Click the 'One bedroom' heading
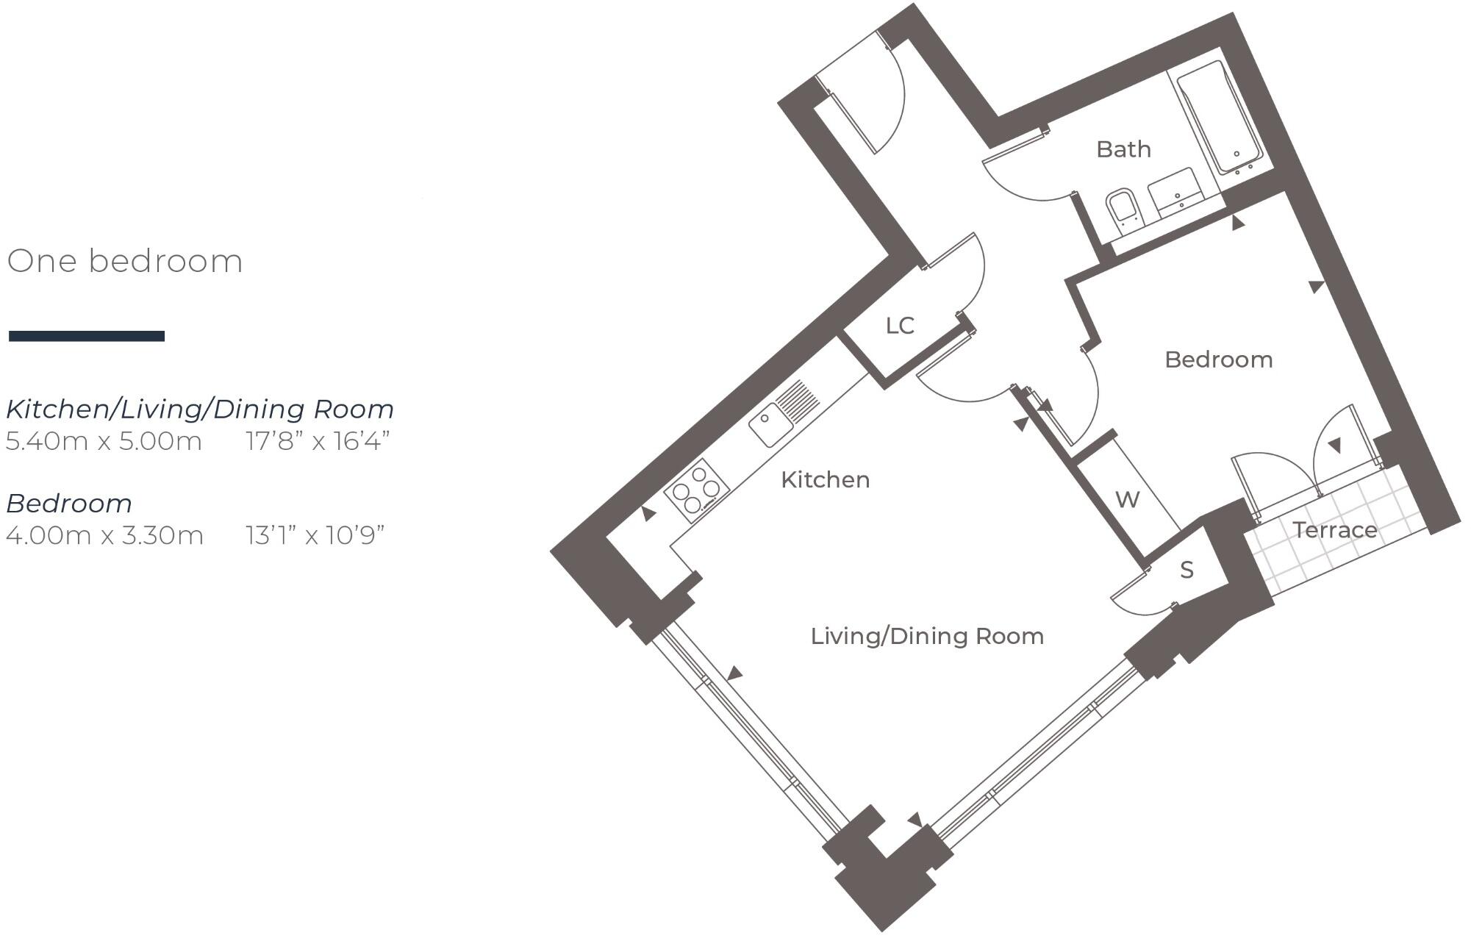[124, 262]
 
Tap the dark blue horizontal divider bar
[87, 336]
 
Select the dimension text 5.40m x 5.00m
[104, 442]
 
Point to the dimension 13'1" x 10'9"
[315, 535]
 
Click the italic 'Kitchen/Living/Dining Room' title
[200, 409]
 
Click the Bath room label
[1123, 149]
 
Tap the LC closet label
[899, 326]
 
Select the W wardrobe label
[1127, 500]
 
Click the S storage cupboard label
[1187, 570]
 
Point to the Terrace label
[1334, 530]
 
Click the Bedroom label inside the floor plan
[1218, 359]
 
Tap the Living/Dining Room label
[926, 636]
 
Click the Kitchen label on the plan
[825, 480]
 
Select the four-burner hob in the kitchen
[696, 490]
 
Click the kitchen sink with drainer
[784, 415]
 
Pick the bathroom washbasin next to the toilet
[1175, 192]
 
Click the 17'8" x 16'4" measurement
[317, 442]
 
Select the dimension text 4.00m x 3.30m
[104, 535]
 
